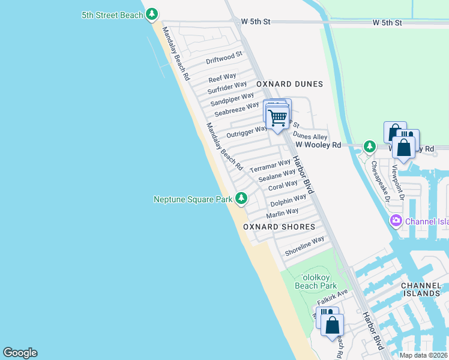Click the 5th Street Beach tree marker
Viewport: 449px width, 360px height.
pyautogui.click(x=152, y=14)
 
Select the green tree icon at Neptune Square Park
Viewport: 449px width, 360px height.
pyautogui.click(x=241, y=197)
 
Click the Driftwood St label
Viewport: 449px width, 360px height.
pyautogui.click(x=223, y=58)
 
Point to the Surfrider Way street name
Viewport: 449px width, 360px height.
pyautogui.click(x=227, y=88)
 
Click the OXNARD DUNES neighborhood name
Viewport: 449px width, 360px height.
pyautogui.click(x=289, y=84)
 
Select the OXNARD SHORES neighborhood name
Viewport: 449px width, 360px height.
pyautogui.click(x=279, y=227)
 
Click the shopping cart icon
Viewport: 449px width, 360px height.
pyautogui.click(x=277, y=118)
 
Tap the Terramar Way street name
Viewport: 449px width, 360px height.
pyautogui.click(x=270, y=166)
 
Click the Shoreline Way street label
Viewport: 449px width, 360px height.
pyautogui.click(x=304, y=247)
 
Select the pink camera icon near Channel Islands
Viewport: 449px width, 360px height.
pyautogui.click(x=396, y=221)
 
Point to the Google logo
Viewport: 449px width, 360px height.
pyautogui.click(x=20, y=353)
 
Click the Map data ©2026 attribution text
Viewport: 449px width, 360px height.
pyautogui.click(x=423, y=355)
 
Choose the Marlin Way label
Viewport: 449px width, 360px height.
pyautogui.click(x=282, y=213)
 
